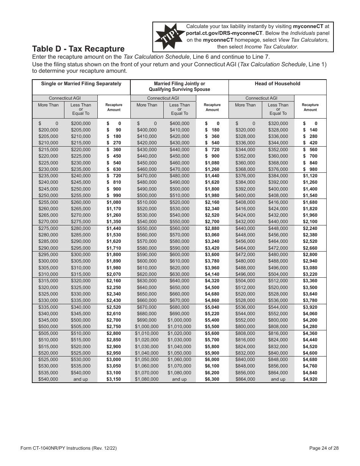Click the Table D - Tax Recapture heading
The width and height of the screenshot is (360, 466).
click(x=78, y=49)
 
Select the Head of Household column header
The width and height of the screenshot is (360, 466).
click(x=277, y=84)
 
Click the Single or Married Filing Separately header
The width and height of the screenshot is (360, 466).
click(x=81, y=84)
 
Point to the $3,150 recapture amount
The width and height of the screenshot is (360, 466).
click(x=114, y=379)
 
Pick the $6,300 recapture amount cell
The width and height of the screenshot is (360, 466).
click(x=212, y=379)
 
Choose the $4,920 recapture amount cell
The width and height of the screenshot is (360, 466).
click(x=310, y=379)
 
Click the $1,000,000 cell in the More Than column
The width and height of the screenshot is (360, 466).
click(x=147, y=327)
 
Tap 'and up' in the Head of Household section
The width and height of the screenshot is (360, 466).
click(x=278, y=379)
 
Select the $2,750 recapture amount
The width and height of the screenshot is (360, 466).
click(x=114, y=327)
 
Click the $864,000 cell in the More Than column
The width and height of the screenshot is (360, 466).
click(x=245, y=379)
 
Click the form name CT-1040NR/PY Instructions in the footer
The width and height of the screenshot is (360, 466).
click(x=63, y=448)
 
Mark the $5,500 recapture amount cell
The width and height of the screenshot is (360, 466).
click(x=212, y=327)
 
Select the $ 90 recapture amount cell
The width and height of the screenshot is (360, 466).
click(x=114, y=130)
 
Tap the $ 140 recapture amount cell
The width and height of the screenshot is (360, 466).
click(x=310, y=130)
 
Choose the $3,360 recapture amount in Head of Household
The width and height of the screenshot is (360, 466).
click(x=310, y=281)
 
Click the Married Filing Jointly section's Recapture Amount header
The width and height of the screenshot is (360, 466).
click(x=212, y=107)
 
